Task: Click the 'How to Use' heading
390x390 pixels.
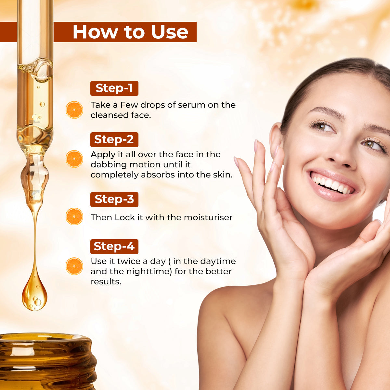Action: pyautogui.click(x=130, y=32)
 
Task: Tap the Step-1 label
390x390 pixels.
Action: pyautogui.click(x=114, y=88)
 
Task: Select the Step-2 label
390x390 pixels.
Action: pyautogui.click(x=114, y=139)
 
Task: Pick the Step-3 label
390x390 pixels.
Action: pyautogui.click(x=114, y=199)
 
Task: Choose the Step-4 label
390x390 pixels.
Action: pyautogui.click(x=114, y=246)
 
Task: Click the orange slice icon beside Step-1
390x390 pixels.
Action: pyautogui.click(x=74, y=110)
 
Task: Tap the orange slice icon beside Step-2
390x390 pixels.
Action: pyautogui.click(x=74, y=159)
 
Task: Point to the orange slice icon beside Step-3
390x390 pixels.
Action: pyautogui.click(x=74, y=216)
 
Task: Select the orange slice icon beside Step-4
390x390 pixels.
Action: pyautogui.click(x=74, y=266)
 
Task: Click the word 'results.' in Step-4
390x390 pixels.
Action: pyautogui.click(x=106, y=281)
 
